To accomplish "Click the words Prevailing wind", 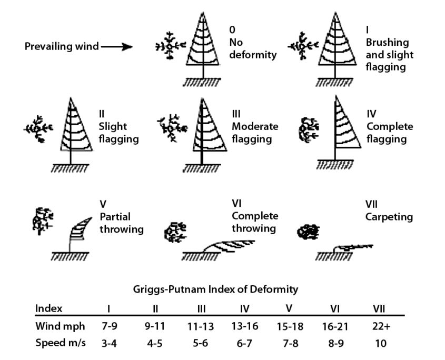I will (x=62, y=47).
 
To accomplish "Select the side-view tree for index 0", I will (x=202, y=45).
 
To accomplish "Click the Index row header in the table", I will (x=48, y=308).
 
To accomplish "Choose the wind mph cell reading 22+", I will (x=380, y=326).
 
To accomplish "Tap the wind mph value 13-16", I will (x=244, y=326).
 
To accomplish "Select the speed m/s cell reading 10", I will (x=380, y=343).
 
